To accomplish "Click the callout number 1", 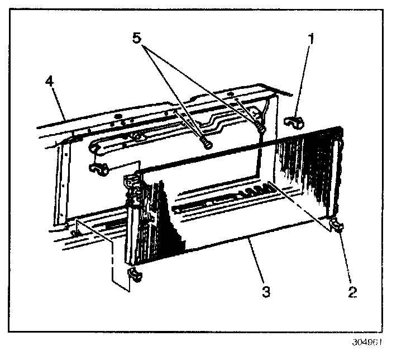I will tap(312, 39).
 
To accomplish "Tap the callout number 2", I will tap(352, 291).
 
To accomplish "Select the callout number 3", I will tap(266, 291).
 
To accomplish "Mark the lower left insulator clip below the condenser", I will tap(134, 273).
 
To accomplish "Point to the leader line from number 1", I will tap(303, 78).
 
